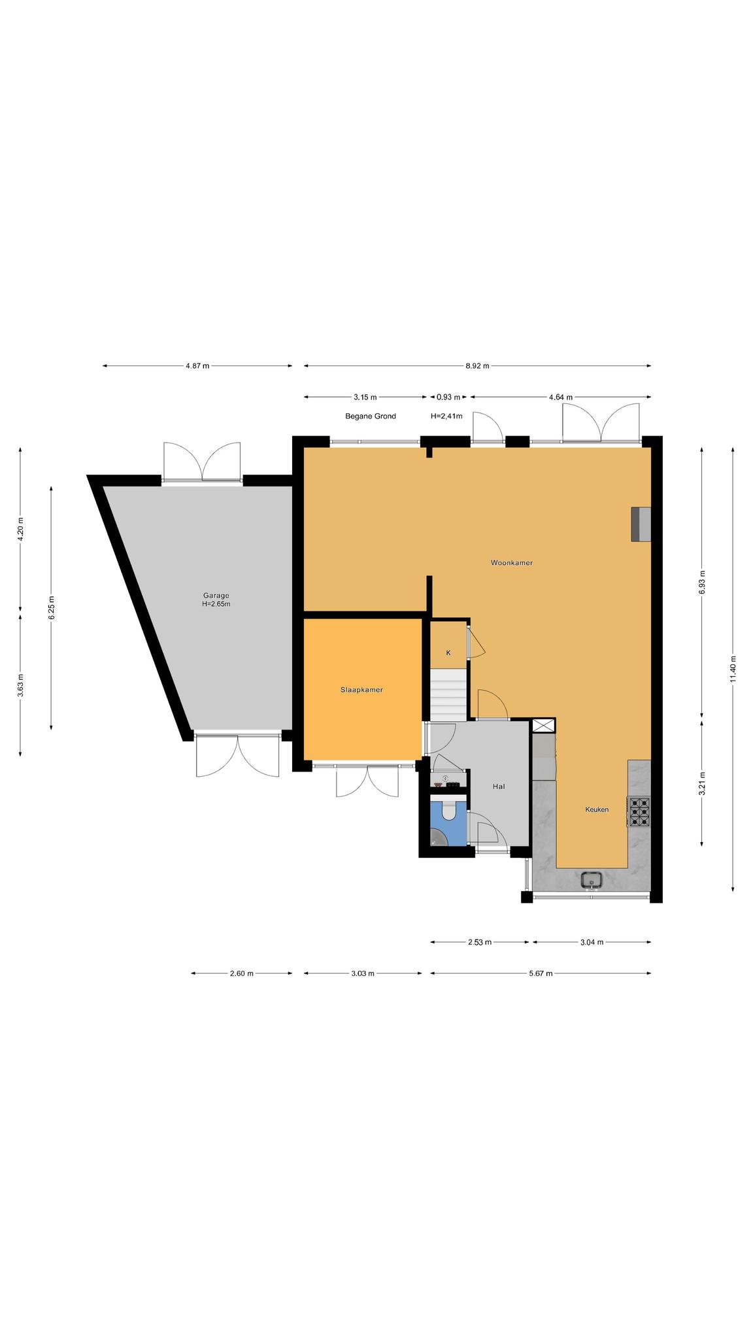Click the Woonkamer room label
click(512, 562)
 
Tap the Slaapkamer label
click(361, 690)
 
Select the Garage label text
click(216, 595)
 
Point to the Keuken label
click(597, 809)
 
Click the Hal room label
click(499, 787)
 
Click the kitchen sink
click(592, 880)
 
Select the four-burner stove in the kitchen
click(639, 812)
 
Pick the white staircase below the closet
click(448, 692)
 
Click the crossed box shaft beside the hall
click(543, 726)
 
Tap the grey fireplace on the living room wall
click(641, 524)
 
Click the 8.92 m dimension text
click(477, 366)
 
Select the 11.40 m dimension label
click(733, 668)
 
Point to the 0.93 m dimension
click(448, 397)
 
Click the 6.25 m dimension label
click(51, 607)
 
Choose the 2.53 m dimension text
click(480, 942)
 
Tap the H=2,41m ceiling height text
click(446, 416)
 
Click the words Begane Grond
click(371, 416)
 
